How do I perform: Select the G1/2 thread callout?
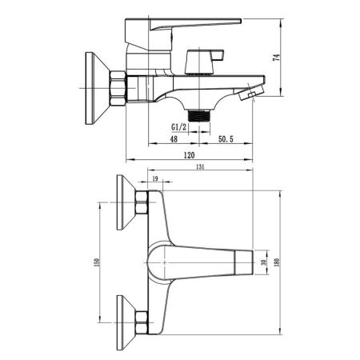click(180, 127)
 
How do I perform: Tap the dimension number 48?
click(173, 139)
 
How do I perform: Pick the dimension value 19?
click(154, 181)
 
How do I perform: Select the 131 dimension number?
click(200, 167)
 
